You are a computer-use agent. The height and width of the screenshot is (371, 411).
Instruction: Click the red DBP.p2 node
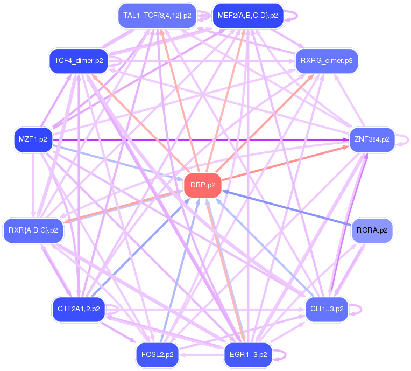203,185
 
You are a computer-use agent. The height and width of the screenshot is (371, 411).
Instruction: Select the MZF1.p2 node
33,139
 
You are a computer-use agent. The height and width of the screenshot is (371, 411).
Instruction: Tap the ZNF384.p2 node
372,139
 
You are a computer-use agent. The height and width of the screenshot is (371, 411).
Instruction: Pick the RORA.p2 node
372,230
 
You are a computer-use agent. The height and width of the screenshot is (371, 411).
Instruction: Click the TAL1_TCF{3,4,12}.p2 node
157,16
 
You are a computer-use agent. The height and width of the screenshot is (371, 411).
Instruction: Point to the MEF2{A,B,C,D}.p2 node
248,16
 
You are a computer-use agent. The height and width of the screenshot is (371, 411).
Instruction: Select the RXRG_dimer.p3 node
327,60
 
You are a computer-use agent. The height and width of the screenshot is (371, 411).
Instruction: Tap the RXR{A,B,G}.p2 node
33,230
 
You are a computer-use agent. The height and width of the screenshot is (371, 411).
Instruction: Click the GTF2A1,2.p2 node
79,309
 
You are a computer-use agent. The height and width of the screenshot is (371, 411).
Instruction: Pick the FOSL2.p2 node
157,354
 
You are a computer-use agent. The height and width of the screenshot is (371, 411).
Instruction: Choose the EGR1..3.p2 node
248,354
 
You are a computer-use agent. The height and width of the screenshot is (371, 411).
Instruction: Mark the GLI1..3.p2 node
327,309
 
